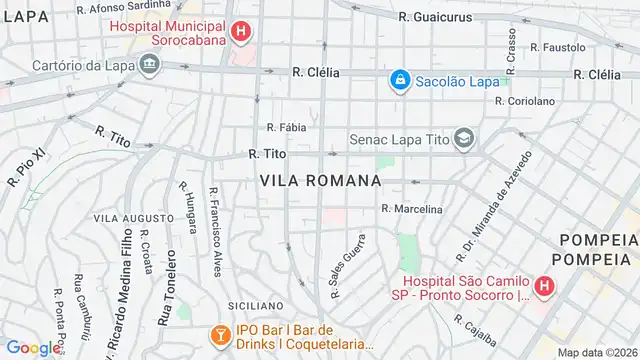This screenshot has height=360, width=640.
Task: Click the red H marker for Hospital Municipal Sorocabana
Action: pyautogui.click(x=240, y=33)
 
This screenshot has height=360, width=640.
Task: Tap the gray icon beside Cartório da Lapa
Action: pyautogui.click(x=150, y=66)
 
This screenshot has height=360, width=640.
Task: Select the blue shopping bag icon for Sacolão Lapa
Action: pyautogui.click(x=399, y=78)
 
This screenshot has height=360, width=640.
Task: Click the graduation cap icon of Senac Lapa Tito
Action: pyautogui.click(x=464, y=139)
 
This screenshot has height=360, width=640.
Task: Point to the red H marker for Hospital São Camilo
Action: pyautogui.click(x=543, y=288)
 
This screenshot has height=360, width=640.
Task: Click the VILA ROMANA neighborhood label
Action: pyautogui.click(x=320, y=181)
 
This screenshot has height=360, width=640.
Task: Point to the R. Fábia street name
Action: pyautogui.click(x=287, y=127)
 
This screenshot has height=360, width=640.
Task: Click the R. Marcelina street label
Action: pyautogui.click(x=412, y=209)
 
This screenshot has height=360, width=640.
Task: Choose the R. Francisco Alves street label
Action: pyautogui.click(x=216, y=232)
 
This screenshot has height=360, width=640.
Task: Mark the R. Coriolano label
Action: pyautogui.click(x=524, y=101)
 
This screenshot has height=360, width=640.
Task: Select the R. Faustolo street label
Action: pyautogui.click(x=558, y=47)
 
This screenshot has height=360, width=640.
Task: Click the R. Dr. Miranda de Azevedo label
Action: pyautogui.click(x=491, y=203)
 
